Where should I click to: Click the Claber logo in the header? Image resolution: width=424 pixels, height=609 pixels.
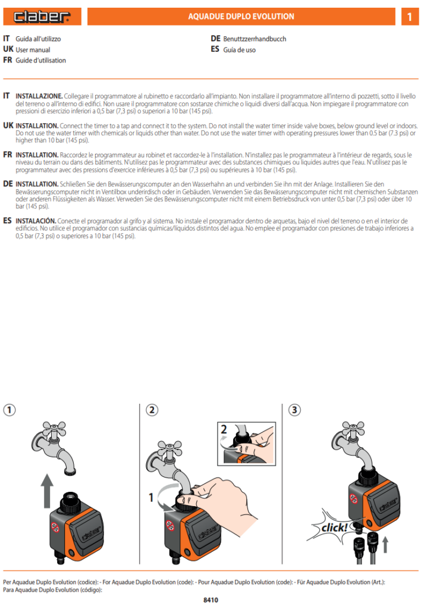coord(41,17)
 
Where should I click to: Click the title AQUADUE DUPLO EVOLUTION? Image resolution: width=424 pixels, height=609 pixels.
coord(241,17)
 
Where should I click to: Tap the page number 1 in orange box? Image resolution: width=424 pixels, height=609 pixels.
coord(409,17)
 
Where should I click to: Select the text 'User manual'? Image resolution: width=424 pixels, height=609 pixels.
coord(33,50)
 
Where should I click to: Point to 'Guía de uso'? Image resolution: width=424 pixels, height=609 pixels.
coord(240,50)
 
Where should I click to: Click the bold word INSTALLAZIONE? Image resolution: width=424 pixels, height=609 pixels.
coord(39,96)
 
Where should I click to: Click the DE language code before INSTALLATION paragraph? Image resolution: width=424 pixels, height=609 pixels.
coord(8,184)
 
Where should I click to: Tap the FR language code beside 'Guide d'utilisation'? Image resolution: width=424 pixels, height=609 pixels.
coord(8,60)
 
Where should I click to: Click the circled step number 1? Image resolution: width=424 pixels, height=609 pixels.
coord(10,410)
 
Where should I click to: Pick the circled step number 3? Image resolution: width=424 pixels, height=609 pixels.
coord(294,410)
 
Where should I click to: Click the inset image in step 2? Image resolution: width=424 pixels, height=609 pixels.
coord(244,443)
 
